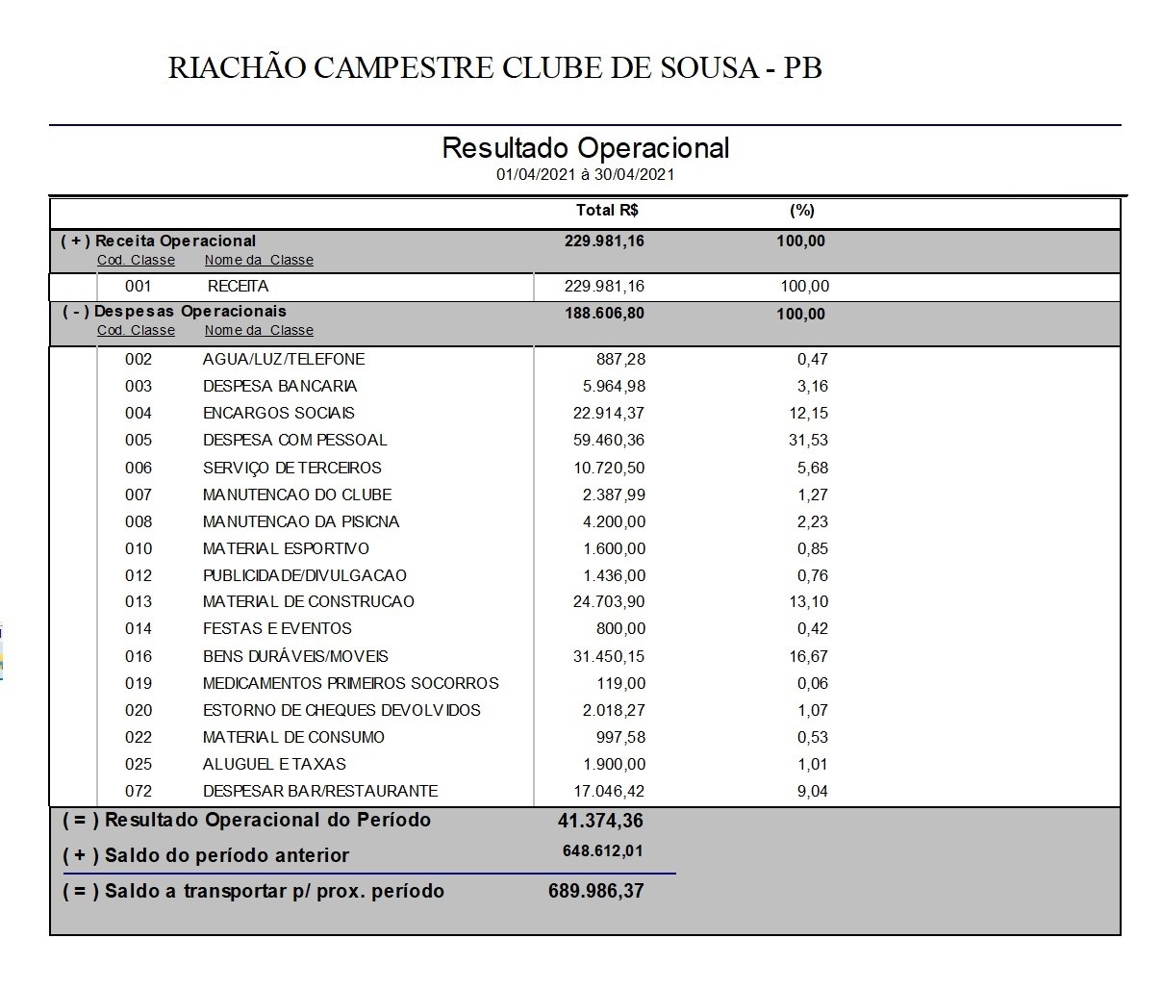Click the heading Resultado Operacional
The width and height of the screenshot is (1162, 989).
(585, 148)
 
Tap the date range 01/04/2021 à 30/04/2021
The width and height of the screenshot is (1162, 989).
(585, 174)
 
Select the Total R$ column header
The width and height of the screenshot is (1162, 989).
(607, 211)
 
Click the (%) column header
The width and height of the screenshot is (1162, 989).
(801, 211)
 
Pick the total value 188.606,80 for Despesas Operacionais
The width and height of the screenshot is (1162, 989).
(604, 314)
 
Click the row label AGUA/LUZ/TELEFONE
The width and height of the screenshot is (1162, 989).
(284, 359)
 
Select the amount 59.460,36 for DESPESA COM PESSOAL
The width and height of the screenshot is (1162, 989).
(609, 440)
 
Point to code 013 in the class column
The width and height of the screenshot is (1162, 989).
(139, 601)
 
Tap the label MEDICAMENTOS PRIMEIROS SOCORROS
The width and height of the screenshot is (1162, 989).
(350, 683)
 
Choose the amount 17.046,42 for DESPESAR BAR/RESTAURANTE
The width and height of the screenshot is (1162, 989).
(609, 791)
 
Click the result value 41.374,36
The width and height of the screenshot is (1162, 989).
(600, 821)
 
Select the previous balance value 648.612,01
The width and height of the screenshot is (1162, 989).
(603, 851)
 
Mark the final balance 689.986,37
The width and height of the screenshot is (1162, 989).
(596, 891)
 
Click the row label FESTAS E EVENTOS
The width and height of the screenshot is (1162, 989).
(277, 628)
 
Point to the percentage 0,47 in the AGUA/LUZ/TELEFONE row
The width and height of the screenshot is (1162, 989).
(812, 359)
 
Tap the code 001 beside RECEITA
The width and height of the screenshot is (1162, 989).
(139, 286)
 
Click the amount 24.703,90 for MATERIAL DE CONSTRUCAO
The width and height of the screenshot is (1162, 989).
(609, 601)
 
